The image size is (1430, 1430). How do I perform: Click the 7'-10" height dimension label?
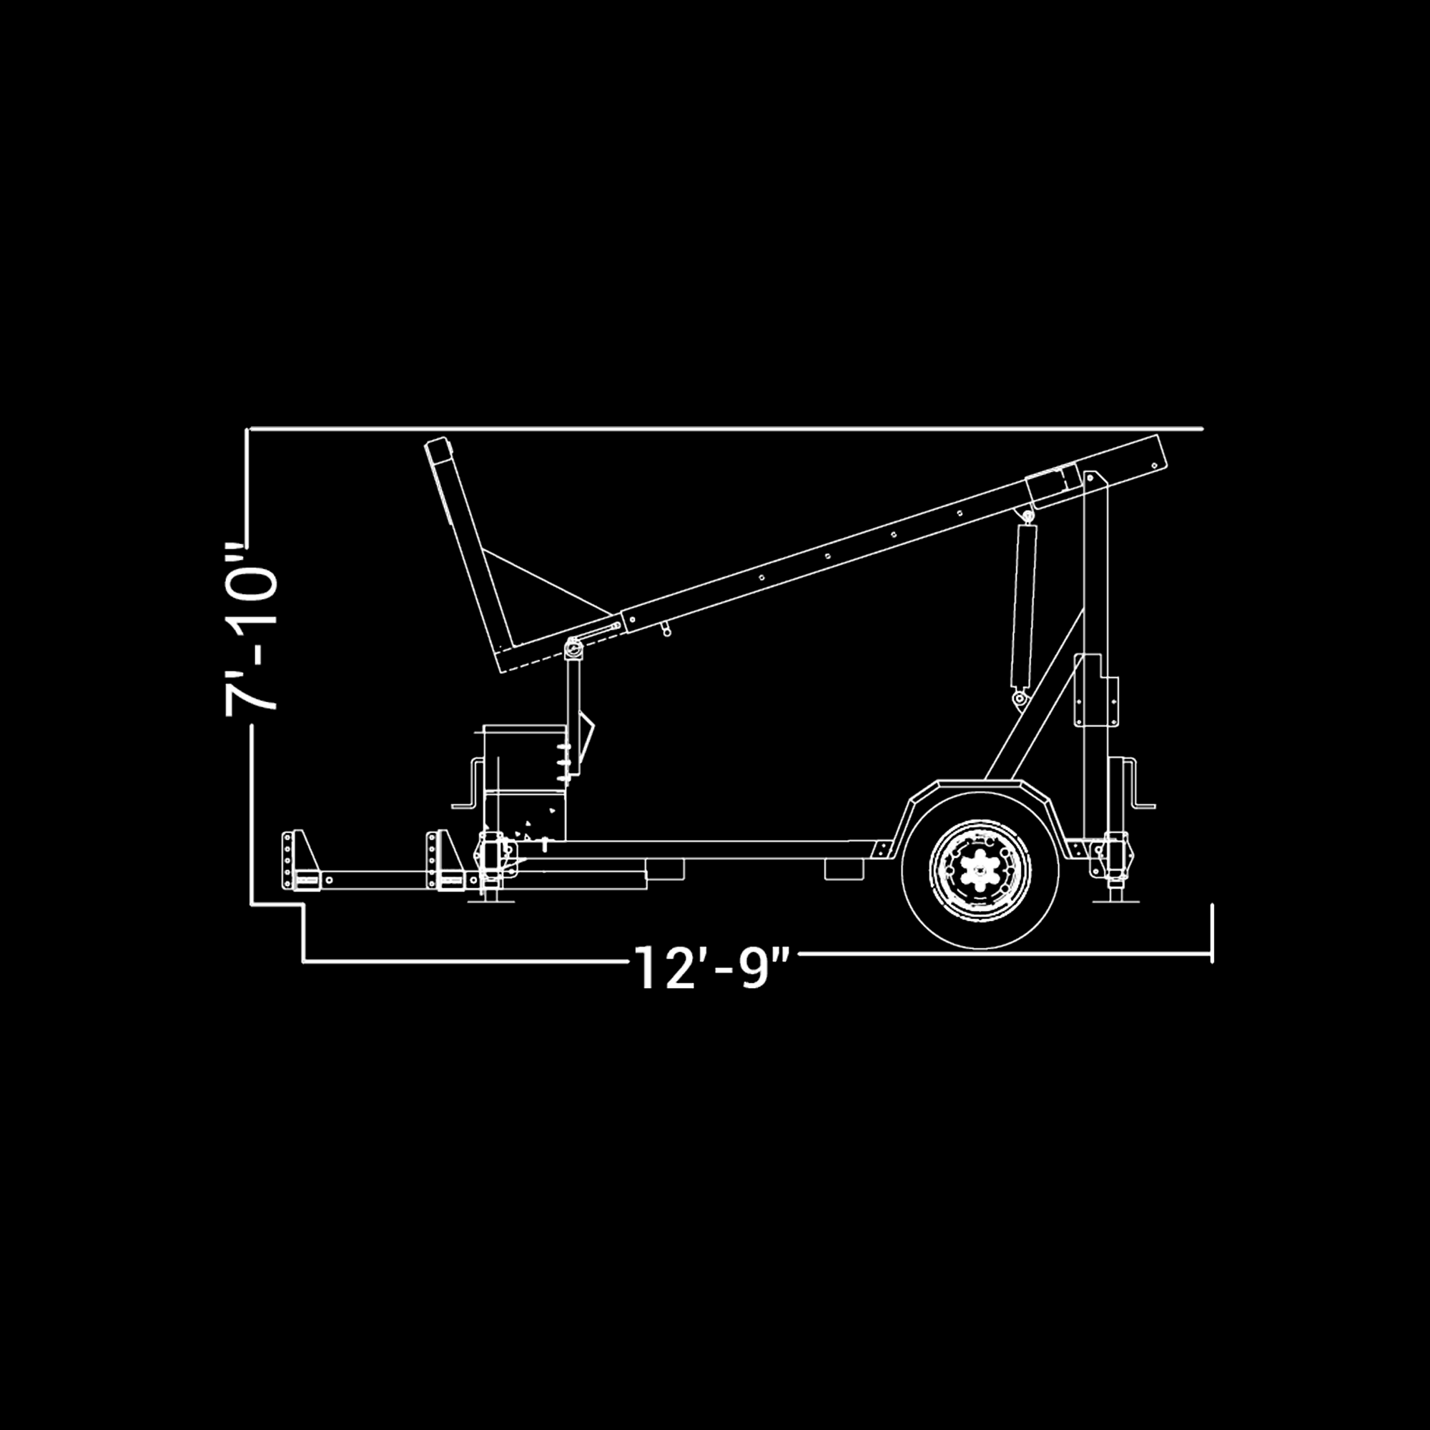pos(251,630)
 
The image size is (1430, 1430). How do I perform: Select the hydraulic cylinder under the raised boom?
pos(1023,604)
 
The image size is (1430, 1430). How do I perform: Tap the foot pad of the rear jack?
pos(1116,901)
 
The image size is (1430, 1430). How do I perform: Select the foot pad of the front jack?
pos(491,900)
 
